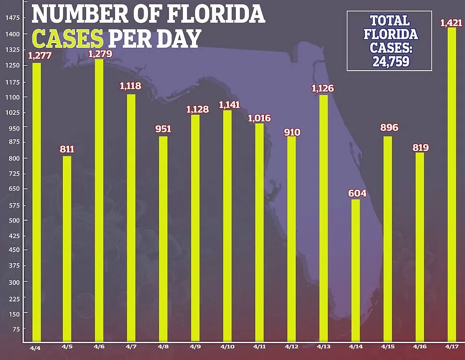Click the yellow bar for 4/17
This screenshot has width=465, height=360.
click(x=451, y=184)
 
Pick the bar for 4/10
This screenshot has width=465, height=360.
click(x=227, y=225)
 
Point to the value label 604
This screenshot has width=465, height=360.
click(x=357, y=194)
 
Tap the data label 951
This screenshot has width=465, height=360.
click(x=163, y=129)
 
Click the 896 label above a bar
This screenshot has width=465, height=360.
click(x=389, y=128)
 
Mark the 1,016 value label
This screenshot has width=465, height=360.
click(x=259, y=118)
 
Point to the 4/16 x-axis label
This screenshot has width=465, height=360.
click(x=420, y=347)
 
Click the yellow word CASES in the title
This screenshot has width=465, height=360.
click(x=67, y=38)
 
